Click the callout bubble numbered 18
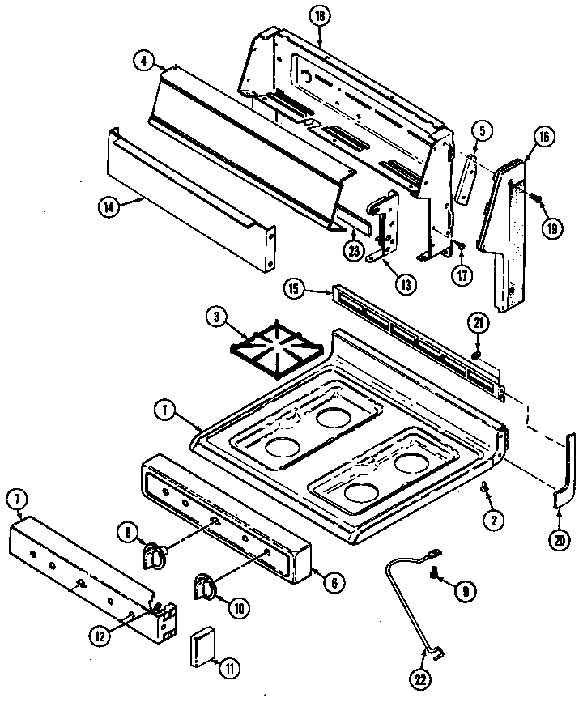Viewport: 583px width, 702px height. coord(319,16)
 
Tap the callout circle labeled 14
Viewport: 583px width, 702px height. coord(107,206)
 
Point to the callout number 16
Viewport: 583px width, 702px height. coord(543,138)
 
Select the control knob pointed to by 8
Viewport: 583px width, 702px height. coord(154,554)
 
